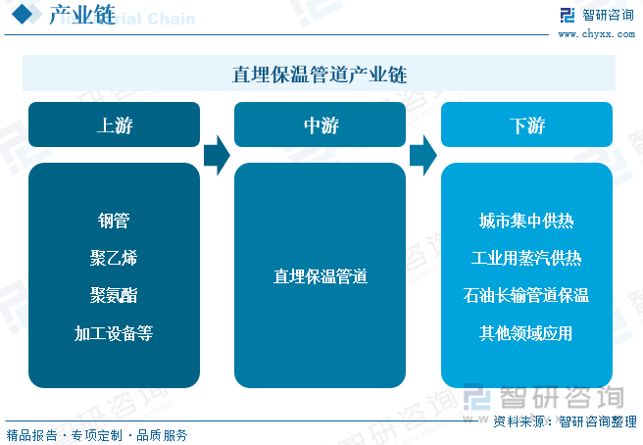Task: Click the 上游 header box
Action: [x=114, y=124]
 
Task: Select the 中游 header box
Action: [x=320, y=124]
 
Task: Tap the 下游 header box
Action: [x=526, y=124]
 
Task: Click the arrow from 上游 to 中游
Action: [x=217, y=156]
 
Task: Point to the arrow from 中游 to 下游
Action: [x=423, y=156]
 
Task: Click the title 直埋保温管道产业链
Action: [x=319, y=74]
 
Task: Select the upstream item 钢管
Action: [x=114, y=221]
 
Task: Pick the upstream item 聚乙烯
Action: [x=114, y=258]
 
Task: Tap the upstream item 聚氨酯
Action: [x=114, y=295]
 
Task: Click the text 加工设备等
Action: [x=114, y=333]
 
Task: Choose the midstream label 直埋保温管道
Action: [x=321, y=276]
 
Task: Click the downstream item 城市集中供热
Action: [x=526, y=221]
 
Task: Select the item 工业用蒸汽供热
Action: [x=526, y=258]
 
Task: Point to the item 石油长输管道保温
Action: [x=526, y=295]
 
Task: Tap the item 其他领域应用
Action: [x=526, y=333]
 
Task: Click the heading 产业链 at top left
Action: [x=82, y=15]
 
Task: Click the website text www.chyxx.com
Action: [x=596, y=34]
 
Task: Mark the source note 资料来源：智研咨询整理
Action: [x=565, y=421]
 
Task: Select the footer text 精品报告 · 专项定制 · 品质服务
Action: [x=97, y=435]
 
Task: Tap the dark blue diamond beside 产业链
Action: [x=23, y=15]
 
